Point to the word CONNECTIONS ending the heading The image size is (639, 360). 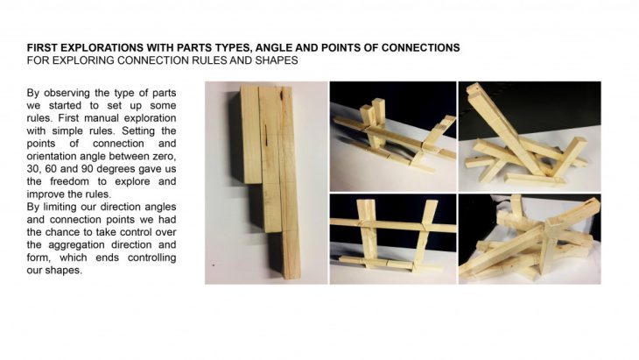point(420,47)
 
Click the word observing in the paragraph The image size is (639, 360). point(67,93)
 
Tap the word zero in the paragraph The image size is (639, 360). point(165,156)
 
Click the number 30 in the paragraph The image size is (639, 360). point(32,169)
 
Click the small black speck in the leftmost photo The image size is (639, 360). point(213,265)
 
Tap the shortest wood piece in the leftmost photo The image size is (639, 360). point(249,135)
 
